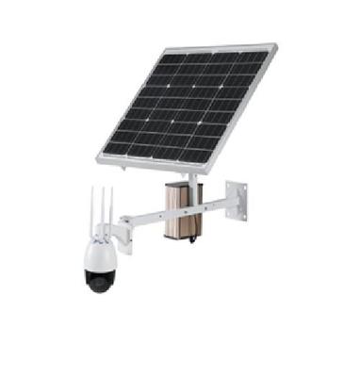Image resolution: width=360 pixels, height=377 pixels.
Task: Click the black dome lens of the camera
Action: [97, 279]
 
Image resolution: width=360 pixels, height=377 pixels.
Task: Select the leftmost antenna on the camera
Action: [91, 212]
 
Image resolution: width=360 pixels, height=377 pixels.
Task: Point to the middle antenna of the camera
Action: [103, 209]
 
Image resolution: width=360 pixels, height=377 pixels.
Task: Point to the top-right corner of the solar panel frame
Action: [275, 45]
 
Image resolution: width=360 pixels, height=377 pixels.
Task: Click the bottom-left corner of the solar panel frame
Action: [97, 157]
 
